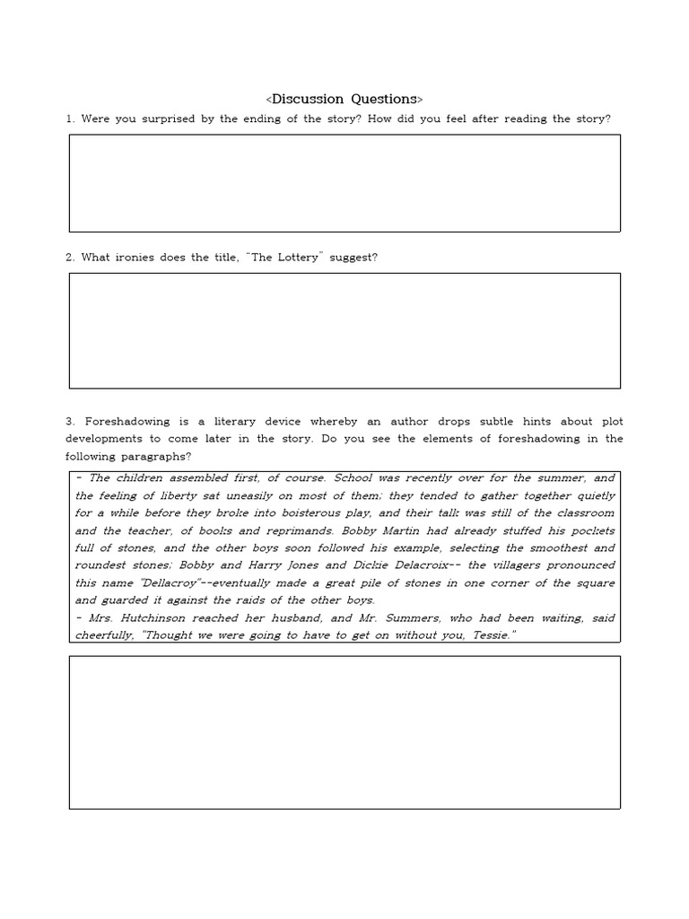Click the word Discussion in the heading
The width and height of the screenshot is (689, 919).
pos(310,98)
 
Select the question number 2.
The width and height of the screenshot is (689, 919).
pos(69,258)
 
